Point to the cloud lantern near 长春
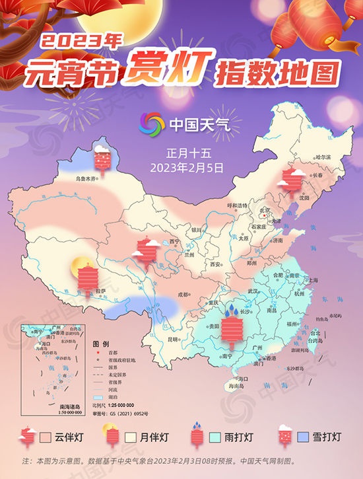point(291,180)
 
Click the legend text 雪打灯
point(327,437)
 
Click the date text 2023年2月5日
point(187,166)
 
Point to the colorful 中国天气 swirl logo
point(152,124)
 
